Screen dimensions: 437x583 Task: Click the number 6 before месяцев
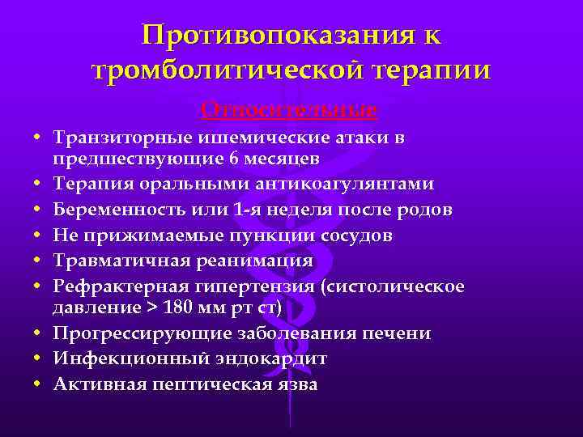[x=213, y=158]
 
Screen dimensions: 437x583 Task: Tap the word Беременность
[x=121, y=210]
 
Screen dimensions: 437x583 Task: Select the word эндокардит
[x=280, y=359]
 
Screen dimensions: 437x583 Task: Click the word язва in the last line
[x=297, y=385]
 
